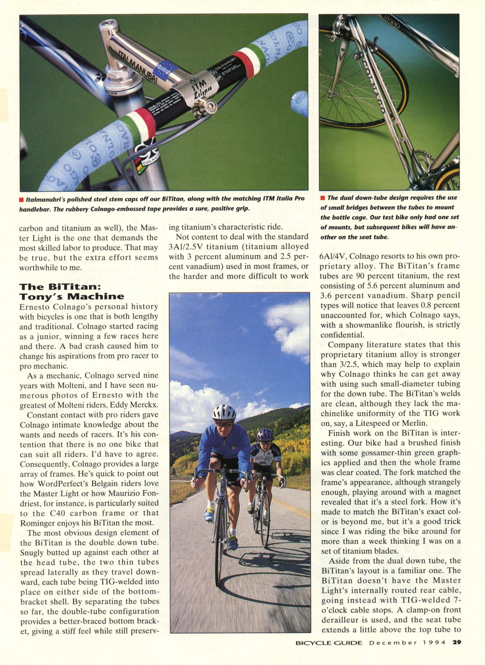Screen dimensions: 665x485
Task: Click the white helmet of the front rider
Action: (224, 412)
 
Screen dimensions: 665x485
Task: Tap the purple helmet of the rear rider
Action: (265, 434)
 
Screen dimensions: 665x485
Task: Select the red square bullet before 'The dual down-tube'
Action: (322, 198)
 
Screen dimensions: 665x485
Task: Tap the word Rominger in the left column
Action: (37, 522)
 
